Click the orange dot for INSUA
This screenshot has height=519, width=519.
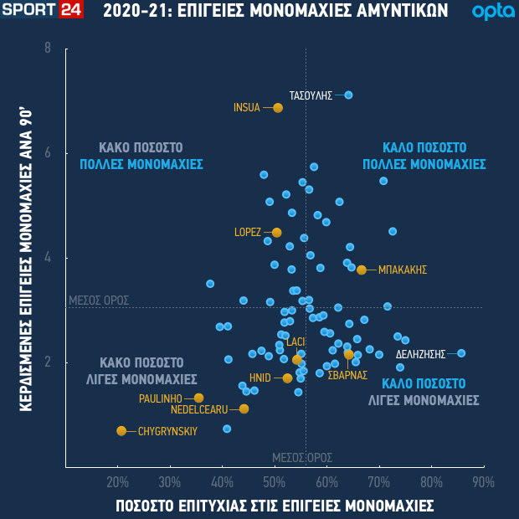[278, 108]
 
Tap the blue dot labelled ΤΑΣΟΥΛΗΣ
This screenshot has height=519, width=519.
[348, 95]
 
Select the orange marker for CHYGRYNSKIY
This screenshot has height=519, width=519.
[121, 431]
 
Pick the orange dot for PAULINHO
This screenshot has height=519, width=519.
[198, 398]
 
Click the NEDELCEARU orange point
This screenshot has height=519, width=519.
[244, 409]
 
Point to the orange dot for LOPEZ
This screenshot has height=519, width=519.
[277, 233]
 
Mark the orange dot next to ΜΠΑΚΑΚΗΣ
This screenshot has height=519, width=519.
[362, 270]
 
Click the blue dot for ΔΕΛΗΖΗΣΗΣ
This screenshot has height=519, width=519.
[461, 353]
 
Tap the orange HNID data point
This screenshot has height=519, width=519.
[287, 378]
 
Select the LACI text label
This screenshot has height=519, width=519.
[295, 342]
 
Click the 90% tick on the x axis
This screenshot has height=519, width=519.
[483, 482]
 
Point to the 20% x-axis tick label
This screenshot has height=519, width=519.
[118, 482]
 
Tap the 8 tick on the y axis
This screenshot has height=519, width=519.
[48, 49]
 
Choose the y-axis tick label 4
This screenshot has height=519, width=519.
[48, 258]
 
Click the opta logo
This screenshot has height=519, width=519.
[488, 12]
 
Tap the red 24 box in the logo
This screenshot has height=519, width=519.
[70, 11]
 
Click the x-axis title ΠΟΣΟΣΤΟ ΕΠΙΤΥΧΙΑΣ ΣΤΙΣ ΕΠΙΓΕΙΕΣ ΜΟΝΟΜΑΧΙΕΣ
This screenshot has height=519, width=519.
[275, 506]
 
